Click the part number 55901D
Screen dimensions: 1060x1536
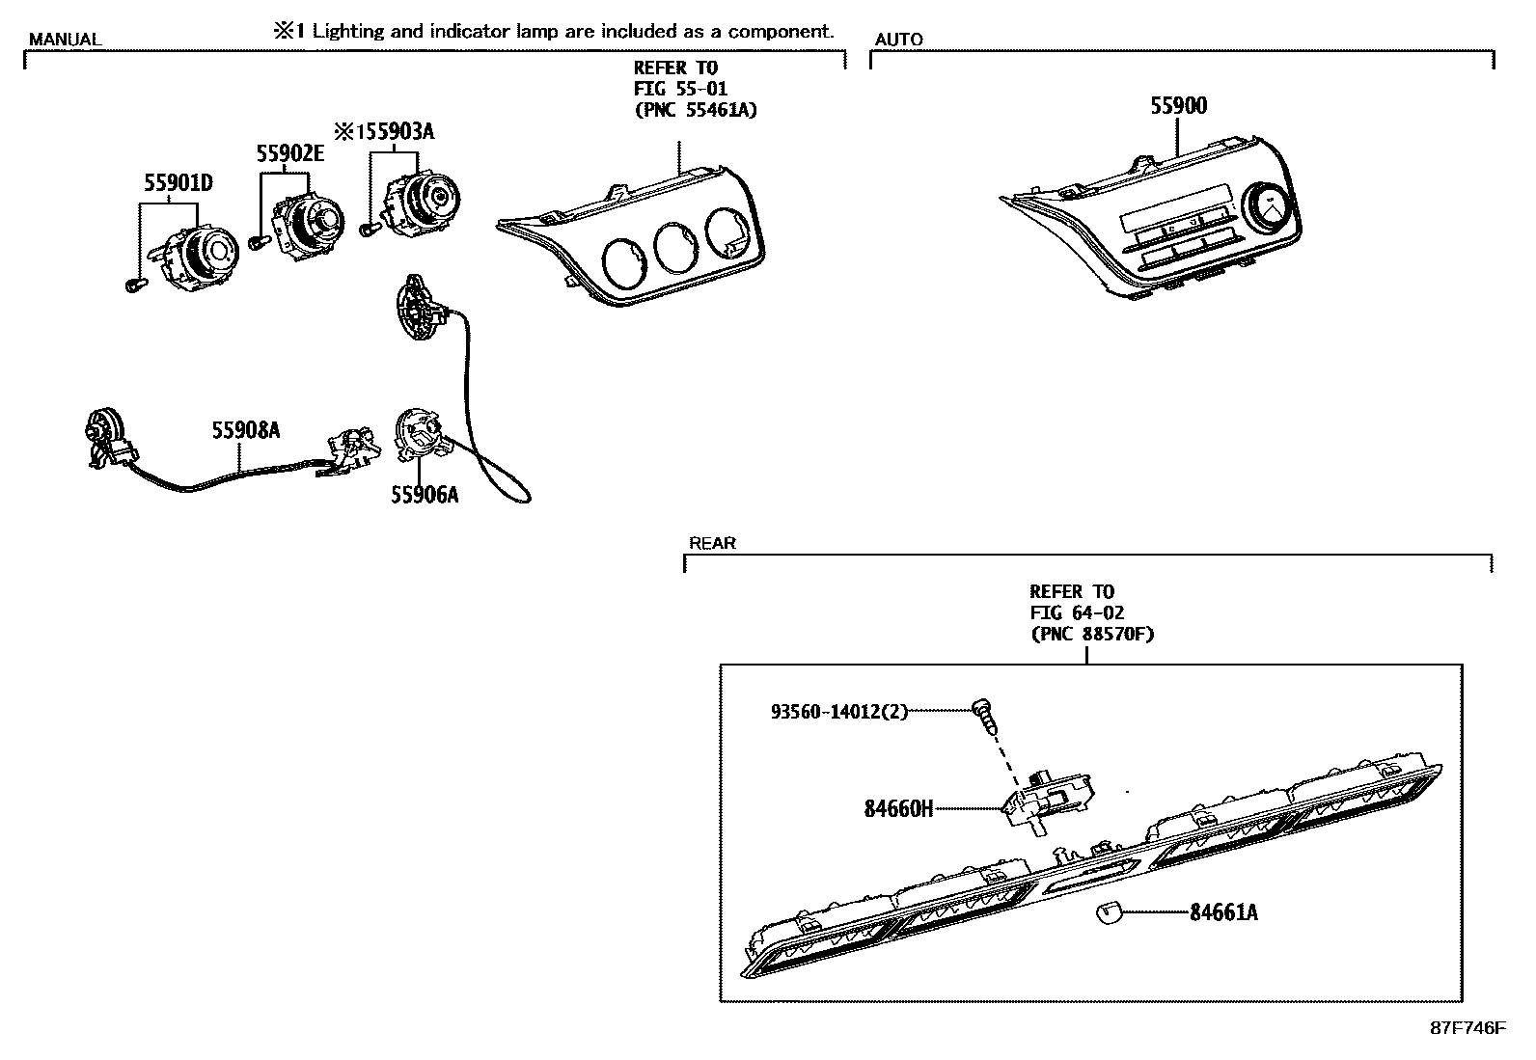click(x=178, y=183)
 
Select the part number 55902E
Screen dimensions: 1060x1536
click(x=289, y=153)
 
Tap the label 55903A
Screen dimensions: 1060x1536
click(x=396, y=132)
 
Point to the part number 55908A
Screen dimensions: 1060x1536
click(x=246, y=431)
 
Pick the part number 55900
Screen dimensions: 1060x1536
click(x=1178, y=106)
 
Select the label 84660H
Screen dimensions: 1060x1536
click(x=898, y=809)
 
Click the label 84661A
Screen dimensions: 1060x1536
click(x=1223, y=912)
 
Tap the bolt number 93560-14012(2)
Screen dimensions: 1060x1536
click(x=839, y=713)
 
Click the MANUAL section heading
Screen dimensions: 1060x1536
click(x=64, y=40)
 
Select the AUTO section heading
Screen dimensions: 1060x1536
click(x=898, y=40)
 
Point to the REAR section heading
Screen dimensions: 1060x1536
click(x=712, y=544)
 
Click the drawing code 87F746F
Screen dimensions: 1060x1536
click(x=1467, y=1028)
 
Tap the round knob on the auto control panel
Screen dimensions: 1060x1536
click(x=1269, y=206)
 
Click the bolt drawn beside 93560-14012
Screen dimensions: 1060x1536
click(x=983, y=714)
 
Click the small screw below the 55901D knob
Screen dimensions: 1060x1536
click(x=134, y=285)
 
